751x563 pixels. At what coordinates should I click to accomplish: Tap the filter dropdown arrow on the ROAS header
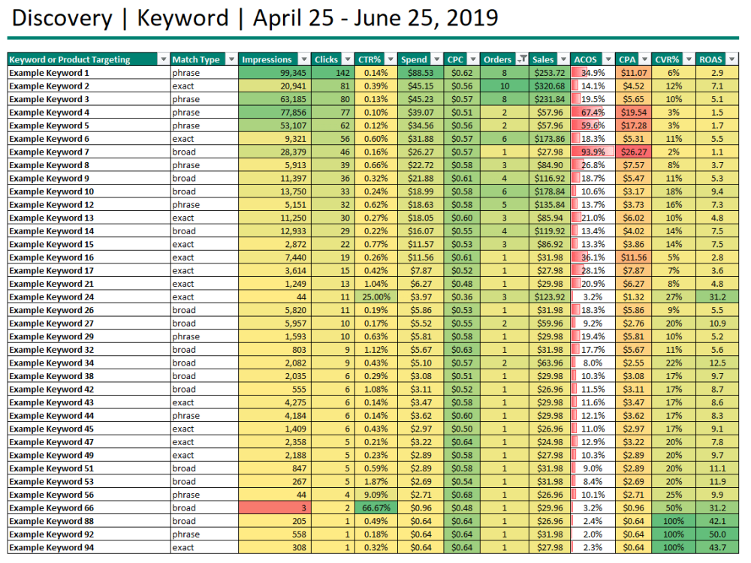pyautogui.click(x=731, y=59)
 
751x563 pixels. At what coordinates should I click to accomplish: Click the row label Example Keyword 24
pyautogui.click(x=51, y=297)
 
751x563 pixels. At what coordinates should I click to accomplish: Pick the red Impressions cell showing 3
pyautogui.click(x=274, y=508)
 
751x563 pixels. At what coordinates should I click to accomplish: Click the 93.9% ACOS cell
pyautogui.click(x=592, y=152)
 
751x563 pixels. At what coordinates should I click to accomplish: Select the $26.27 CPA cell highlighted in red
pyautogui.click(x=633, y=152)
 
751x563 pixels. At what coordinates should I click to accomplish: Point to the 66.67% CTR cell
pyautogui.click(x=376, y=508)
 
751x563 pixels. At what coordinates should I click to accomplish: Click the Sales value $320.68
pyautogui.click(x=550, y=86)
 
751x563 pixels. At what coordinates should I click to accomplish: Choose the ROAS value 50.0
pyautogui.click(x=717, y=534)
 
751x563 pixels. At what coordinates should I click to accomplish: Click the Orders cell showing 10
pyautogui.click(x=505, y=86)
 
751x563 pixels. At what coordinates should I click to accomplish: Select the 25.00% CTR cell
pyautogui.click(x=376, y=297)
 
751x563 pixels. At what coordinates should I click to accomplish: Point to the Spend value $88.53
pyautogui.click(x=421, y=73)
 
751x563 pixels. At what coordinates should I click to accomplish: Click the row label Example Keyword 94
pyautogui.click(x=51, y=548)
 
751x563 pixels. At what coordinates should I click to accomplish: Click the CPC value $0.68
pyautogui.click(x=462, y=495)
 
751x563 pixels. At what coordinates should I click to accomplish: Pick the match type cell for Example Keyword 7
pyautogui.click(x=185, y=152)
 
